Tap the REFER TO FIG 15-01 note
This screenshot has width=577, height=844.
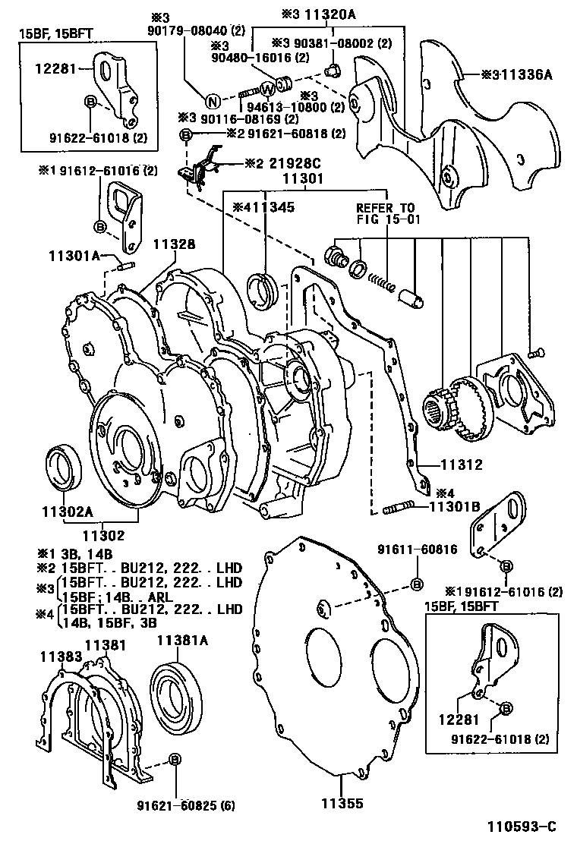386,214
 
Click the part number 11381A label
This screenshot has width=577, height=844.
182,640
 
